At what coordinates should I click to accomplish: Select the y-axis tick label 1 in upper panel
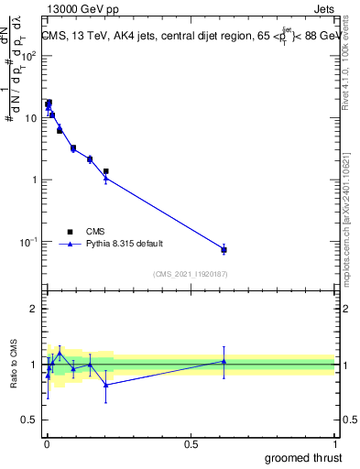tap(35, 180)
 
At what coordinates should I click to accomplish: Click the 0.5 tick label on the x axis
tap(191, 444)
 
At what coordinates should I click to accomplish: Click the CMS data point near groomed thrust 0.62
tap(224, 250)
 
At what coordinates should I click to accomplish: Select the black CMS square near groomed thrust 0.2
tap(106, 171)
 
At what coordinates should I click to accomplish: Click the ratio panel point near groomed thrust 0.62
tap(224, 362)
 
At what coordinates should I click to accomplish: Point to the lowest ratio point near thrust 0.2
tap(106, 385)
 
